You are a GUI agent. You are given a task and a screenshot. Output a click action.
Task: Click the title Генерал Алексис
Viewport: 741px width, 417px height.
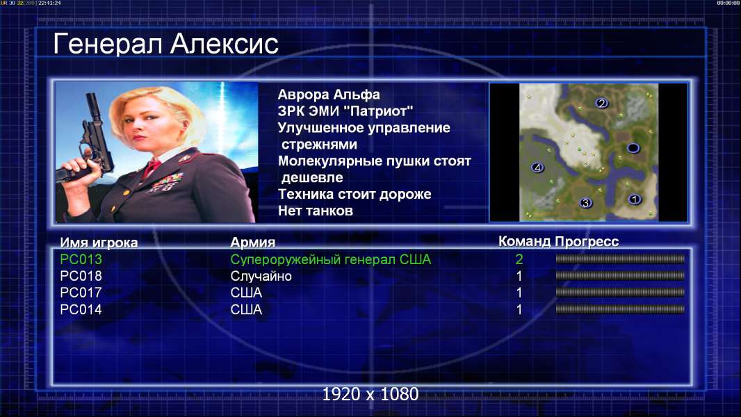165,44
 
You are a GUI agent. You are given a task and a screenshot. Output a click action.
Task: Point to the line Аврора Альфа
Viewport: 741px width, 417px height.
328,95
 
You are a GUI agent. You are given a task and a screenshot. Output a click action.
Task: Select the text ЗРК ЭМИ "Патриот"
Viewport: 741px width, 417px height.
345,111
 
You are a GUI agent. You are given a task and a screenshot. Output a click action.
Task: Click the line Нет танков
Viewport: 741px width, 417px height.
315,211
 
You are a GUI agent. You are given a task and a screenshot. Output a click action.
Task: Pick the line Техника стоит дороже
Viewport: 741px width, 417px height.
355,194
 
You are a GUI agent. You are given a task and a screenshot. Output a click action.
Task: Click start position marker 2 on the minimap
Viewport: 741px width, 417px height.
601,103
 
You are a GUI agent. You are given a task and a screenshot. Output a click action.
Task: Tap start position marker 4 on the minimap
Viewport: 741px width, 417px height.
537,167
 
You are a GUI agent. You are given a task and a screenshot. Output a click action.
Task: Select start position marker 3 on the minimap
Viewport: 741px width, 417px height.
585,203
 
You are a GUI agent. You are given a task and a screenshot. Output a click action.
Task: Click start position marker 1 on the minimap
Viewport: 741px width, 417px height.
635,199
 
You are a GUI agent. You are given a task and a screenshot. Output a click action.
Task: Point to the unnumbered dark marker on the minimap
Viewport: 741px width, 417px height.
633,148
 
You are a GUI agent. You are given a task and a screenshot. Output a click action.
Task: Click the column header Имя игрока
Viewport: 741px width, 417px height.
99,243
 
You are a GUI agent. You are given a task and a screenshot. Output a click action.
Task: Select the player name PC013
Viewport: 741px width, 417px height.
81,259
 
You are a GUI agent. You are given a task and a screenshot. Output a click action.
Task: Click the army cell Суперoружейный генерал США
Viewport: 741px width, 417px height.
331,259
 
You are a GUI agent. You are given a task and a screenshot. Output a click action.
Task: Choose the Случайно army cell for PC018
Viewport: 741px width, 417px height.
261,277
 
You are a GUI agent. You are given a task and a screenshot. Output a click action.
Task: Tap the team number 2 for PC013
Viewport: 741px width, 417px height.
519,259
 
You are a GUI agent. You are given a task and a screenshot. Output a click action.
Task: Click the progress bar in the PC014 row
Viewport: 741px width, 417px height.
620,309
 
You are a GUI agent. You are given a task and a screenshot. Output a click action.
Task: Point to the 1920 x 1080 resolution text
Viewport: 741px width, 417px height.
370,394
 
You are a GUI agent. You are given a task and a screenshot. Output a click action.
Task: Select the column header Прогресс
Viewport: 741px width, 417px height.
587,241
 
